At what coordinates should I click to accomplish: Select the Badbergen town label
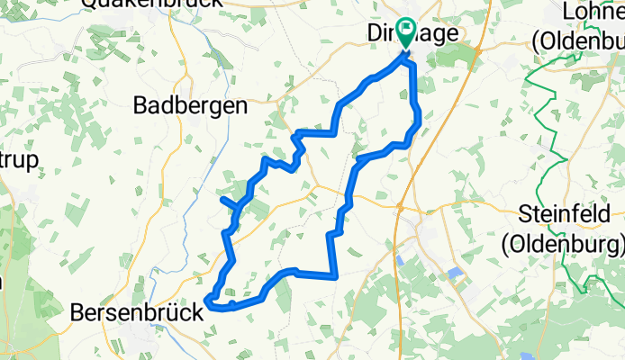190,105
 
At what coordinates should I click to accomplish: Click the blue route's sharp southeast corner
336,275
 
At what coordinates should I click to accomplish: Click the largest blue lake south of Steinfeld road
454,273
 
